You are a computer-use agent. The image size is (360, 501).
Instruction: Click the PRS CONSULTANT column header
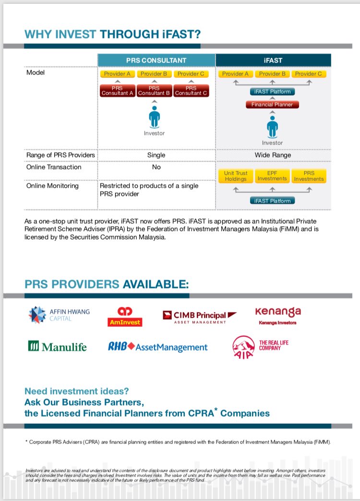coord(156,60)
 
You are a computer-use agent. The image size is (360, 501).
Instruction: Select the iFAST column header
coord(273,60)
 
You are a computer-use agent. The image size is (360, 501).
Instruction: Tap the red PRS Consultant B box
coord(154,91)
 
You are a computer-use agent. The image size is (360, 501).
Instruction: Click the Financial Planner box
coord(272,104)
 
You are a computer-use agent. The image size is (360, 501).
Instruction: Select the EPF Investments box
coord(272,176)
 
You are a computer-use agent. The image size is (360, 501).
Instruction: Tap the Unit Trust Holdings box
coord(235,176)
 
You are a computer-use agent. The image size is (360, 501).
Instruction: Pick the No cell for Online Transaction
coord(156,167)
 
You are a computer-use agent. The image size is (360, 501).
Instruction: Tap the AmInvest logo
coord(124,317)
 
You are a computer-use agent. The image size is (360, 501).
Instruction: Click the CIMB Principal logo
coord(199,316)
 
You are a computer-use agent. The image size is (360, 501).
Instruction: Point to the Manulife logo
coord(57,346)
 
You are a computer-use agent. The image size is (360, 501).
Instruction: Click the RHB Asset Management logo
coord(158,347)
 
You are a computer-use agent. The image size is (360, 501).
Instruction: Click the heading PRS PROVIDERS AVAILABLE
coord(106,284)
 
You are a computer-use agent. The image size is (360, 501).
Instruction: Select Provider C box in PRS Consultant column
coord(191,74)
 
